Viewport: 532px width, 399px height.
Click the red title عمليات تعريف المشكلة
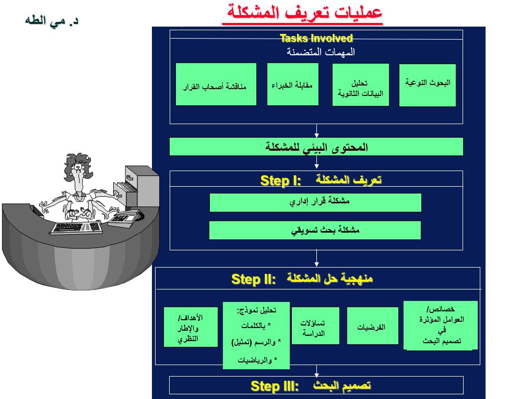tap(302, 12)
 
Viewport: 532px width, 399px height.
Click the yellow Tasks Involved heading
tap(316, 38)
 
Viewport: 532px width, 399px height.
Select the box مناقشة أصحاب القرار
tap(216, 84)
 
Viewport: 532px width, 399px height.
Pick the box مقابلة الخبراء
tap(292, 84)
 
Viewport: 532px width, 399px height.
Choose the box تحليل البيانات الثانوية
tap(360, 85)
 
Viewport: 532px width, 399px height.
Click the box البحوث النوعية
tap(427, 85)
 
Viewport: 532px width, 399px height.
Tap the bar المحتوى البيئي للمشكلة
tap(316, 147)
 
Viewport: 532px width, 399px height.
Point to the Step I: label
tap(281, 181)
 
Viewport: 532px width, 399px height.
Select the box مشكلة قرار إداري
tap(315, 202)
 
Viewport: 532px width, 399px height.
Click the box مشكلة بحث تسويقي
tap(315, 230)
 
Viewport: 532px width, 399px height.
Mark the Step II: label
tap(254, 279)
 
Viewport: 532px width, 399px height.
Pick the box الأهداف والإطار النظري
tap(191, 327)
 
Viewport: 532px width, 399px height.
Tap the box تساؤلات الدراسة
tap(315, 326)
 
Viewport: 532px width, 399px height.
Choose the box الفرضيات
tap(372, 326)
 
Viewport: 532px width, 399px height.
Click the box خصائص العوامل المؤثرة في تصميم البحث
tap(440, 325)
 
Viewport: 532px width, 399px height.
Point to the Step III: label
tap(274, 386)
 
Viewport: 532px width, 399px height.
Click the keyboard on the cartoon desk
tap(77, 228)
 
